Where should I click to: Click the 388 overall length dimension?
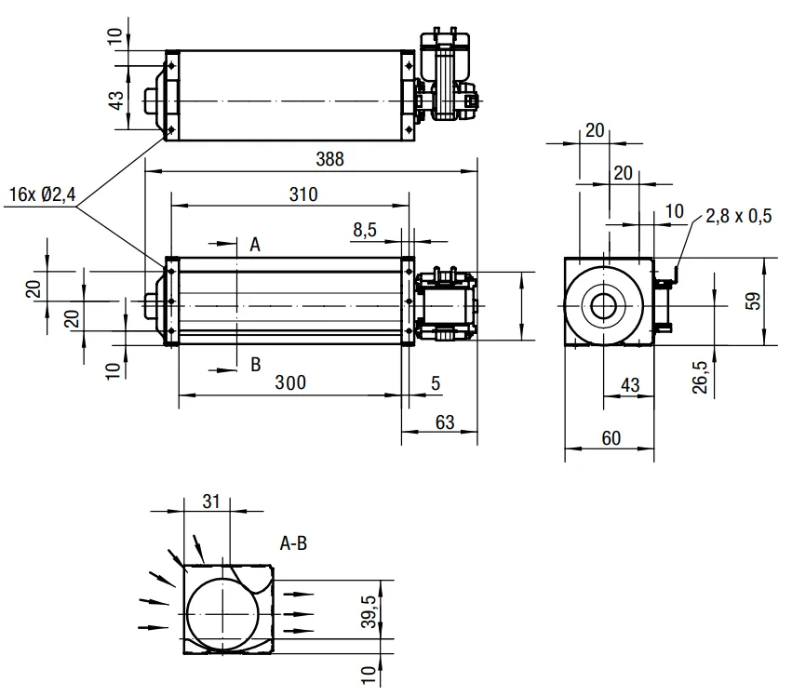[x=329, y=159]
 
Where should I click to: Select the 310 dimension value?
[x=303, y=194]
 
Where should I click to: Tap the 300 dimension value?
[x=290, y=382]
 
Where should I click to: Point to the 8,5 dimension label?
[x=365, y=230]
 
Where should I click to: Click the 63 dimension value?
[x=445, y=422]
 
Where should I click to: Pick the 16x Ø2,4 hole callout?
[x=43, y=194]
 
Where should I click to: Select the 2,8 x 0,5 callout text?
[x=738, y=216]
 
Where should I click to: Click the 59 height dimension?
[x=753, y=301]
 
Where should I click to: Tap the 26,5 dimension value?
[x=700, y=377]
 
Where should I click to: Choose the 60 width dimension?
[x=611, y=438]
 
